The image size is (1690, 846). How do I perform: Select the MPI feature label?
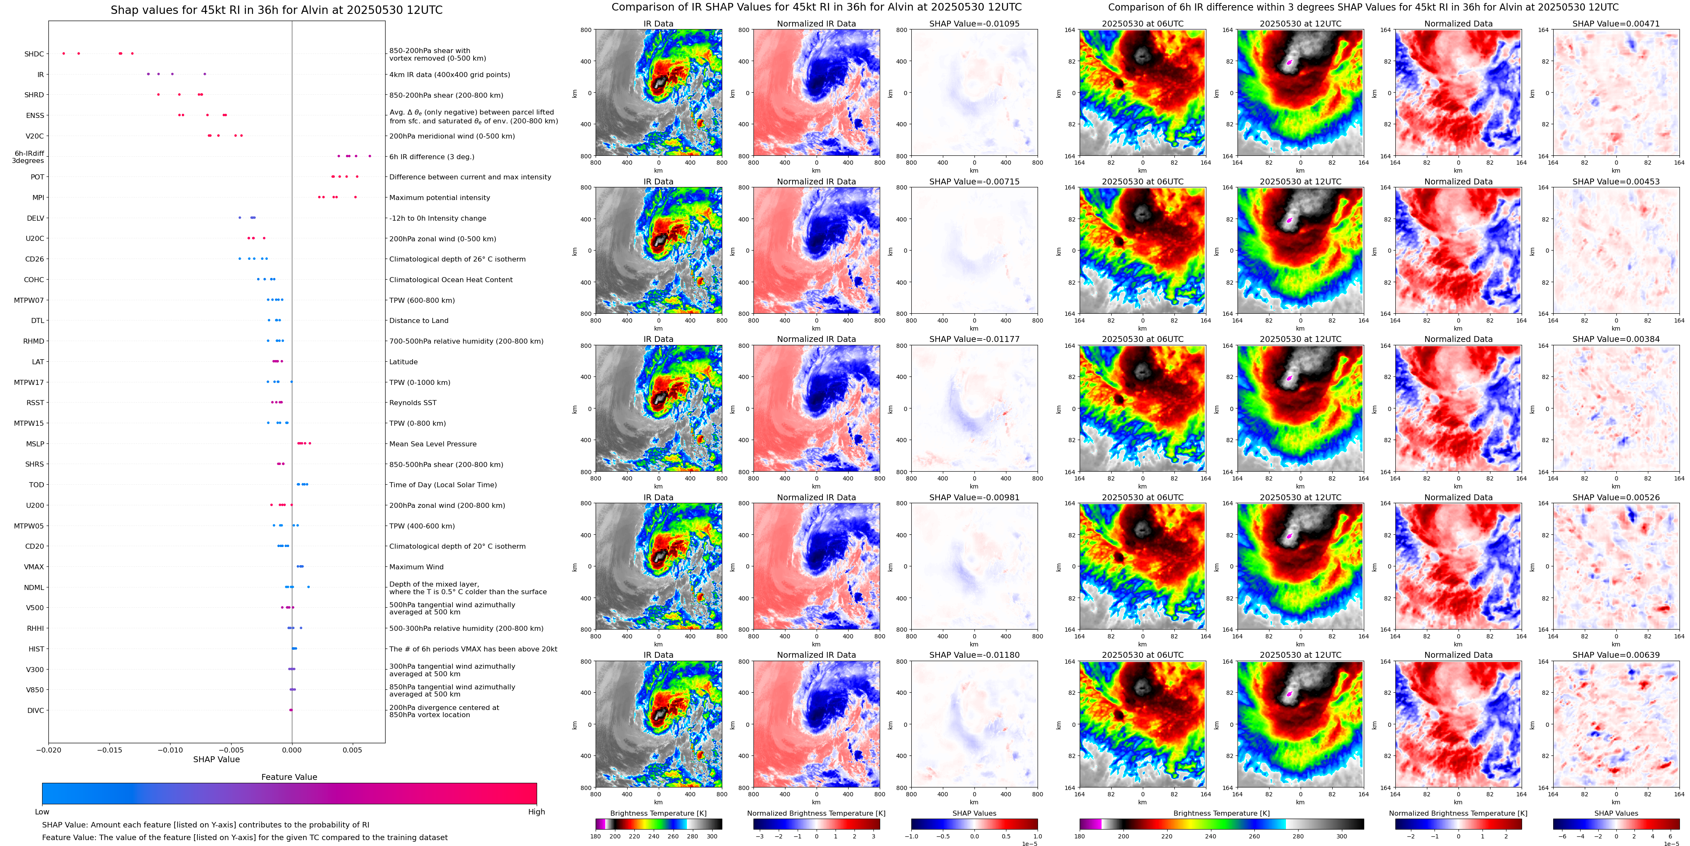tap(38, 197)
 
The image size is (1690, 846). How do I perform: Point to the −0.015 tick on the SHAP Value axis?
tap(109, 750)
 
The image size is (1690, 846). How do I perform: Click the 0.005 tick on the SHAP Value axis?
tap(352, 750)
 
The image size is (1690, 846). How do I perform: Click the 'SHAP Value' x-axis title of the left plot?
tap(216, 759)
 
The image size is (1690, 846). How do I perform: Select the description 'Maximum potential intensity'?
tap(439, 197)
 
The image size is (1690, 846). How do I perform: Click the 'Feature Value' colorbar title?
tap(289, 777)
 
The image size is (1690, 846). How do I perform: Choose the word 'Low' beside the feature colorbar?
tap(42, 812)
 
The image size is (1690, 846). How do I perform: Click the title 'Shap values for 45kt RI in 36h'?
tap(276, 10)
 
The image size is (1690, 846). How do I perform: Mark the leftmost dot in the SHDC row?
tap(64, 53)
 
